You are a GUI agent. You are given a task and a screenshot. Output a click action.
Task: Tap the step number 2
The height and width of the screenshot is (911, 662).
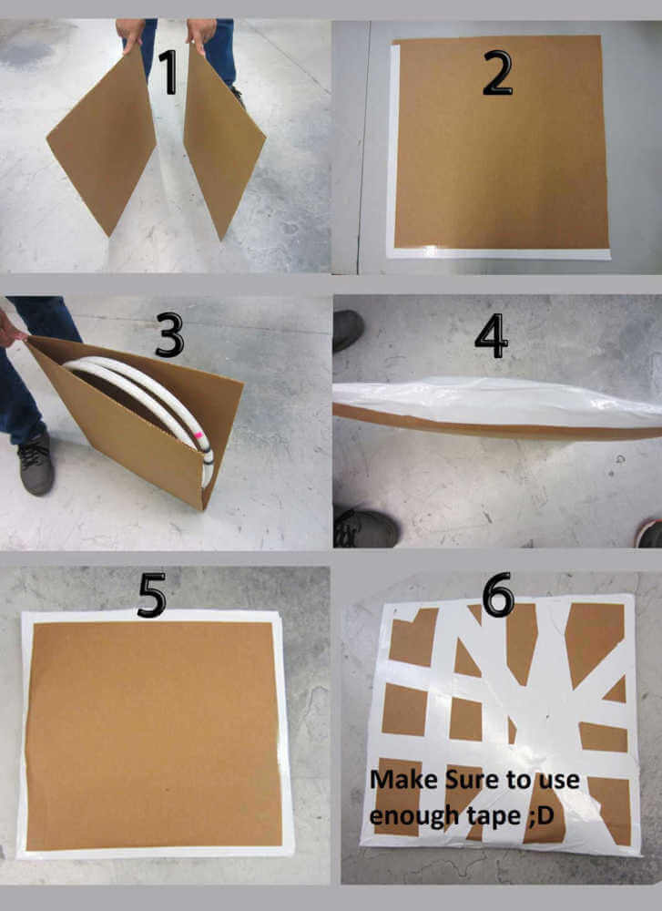click(498, 73)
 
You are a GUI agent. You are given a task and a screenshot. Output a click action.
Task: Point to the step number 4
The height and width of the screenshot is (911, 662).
click(492, 336)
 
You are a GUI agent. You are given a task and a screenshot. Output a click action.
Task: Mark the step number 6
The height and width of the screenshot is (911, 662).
click(498, 594)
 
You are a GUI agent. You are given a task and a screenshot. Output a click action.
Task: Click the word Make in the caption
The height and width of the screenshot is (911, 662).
click(403, 779)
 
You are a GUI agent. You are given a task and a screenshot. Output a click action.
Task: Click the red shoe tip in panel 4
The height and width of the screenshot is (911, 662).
click(649, 533)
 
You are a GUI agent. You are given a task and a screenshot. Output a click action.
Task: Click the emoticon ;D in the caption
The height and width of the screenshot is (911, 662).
click(542, 816)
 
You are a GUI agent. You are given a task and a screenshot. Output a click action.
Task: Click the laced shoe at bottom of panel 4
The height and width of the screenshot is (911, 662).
click(366, 527)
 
